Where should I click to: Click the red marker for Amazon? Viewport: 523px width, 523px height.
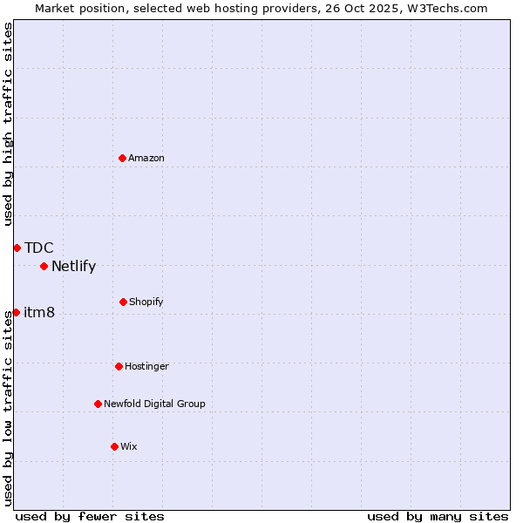coord(122,158)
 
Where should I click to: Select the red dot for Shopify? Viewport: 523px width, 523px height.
coord(123,302)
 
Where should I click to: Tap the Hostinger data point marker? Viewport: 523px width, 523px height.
coord(119,366)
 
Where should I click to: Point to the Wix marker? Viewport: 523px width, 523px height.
coord(114,446)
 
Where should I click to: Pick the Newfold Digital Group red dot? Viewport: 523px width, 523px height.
coord(98,404)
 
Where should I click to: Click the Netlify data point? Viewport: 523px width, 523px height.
coord(44,266)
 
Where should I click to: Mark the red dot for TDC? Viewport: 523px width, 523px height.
coord(17,248)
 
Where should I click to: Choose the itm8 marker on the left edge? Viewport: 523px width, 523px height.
coord(16,312)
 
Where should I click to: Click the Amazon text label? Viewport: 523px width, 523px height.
coord(146,158)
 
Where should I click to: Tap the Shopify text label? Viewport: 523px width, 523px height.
coord(146,302)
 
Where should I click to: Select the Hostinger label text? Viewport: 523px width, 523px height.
coord(146,366)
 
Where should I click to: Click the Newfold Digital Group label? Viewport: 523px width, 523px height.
coord(154,404)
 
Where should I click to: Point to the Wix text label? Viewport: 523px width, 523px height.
coord(129,446)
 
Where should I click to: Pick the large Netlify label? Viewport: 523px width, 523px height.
coord(73,266)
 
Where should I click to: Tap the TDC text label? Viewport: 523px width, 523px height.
coord(38,248)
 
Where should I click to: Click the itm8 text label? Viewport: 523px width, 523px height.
coord(39,312)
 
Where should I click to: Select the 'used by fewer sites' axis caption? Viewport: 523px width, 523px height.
coord(90,516)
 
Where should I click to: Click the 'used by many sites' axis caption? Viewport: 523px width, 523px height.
coord(438,516)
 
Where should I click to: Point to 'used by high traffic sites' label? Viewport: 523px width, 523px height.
coord(8,124)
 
